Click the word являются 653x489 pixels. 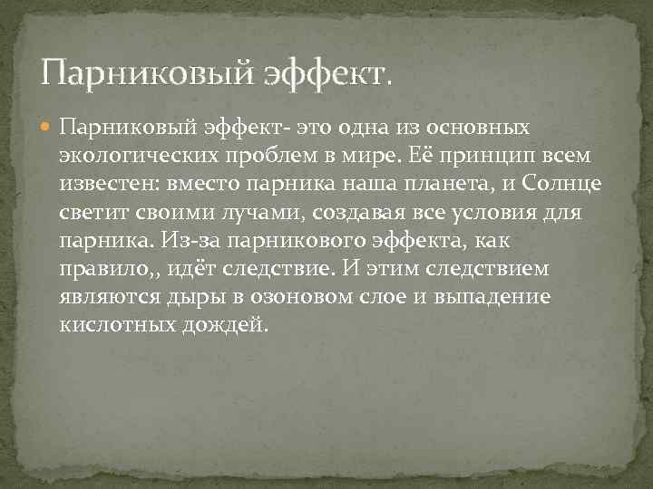[104, 297]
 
